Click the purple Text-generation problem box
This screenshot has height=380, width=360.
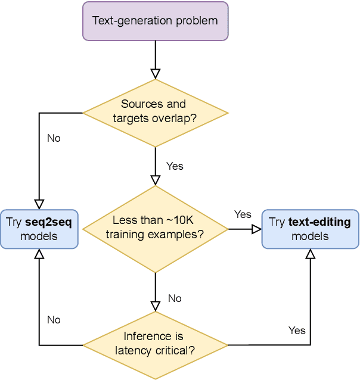[155, 21]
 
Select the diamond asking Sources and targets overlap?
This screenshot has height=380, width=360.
[155, 111]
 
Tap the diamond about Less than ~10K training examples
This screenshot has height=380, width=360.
[155, 228]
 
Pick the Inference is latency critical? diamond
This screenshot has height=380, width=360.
[155, 344]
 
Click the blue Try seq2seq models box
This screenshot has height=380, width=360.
[39, 229]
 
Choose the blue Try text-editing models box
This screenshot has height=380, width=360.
[310, 229]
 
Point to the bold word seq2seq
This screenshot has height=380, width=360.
[48, 222]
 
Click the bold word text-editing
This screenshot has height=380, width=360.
[319, 222]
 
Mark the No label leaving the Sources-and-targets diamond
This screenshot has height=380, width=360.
[54, 138]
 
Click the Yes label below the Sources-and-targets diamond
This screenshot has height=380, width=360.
[175, 166]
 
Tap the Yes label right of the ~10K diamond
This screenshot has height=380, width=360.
[243, 214]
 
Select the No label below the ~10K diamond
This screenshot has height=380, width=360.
[175, 298]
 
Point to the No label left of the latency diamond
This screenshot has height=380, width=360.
[54, 320]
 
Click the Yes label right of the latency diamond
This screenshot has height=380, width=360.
[297, 331]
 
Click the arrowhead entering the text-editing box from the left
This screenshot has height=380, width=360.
[257, 229]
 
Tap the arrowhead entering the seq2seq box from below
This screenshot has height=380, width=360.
[39, 254]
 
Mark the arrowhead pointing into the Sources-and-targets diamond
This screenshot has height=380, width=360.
[155, 74]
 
